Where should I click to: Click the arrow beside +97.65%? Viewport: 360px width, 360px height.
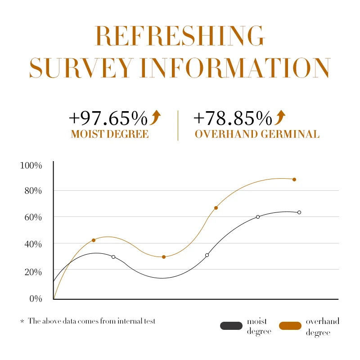[156, 117]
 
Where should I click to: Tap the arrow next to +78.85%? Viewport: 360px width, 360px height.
[280, 117]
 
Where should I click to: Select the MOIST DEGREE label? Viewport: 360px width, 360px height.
[109, 134]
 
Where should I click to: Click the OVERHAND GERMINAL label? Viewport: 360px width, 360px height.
[257, 134]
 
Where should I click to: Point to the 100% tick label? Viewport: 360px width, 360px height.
[31, 166]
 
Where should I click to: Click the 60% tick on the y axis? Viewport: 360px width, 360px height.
[33, 217]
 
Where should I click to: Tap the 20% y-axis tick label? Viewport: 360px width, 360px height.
[33, 271]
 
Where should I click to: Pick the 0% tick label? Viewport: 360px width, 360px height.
[35, 298]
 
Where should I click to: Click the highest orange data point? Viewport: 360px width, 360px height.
[294, 180]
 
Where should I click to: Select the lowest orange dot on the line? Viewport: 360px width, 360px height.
[164, 257]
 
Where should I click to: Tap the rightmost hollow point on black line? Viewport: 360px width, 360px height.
[299, 212]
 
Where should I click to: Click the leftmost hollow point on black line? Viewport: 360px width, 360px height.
[113, 257]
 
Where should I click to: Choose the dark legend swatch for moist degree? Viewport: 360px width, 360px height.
[231, 326]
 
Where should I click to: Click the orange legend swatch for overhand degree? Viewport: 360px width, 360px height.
[290, 326]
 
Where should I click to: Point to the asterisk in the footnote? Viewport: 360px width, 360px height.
[22, 322]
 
